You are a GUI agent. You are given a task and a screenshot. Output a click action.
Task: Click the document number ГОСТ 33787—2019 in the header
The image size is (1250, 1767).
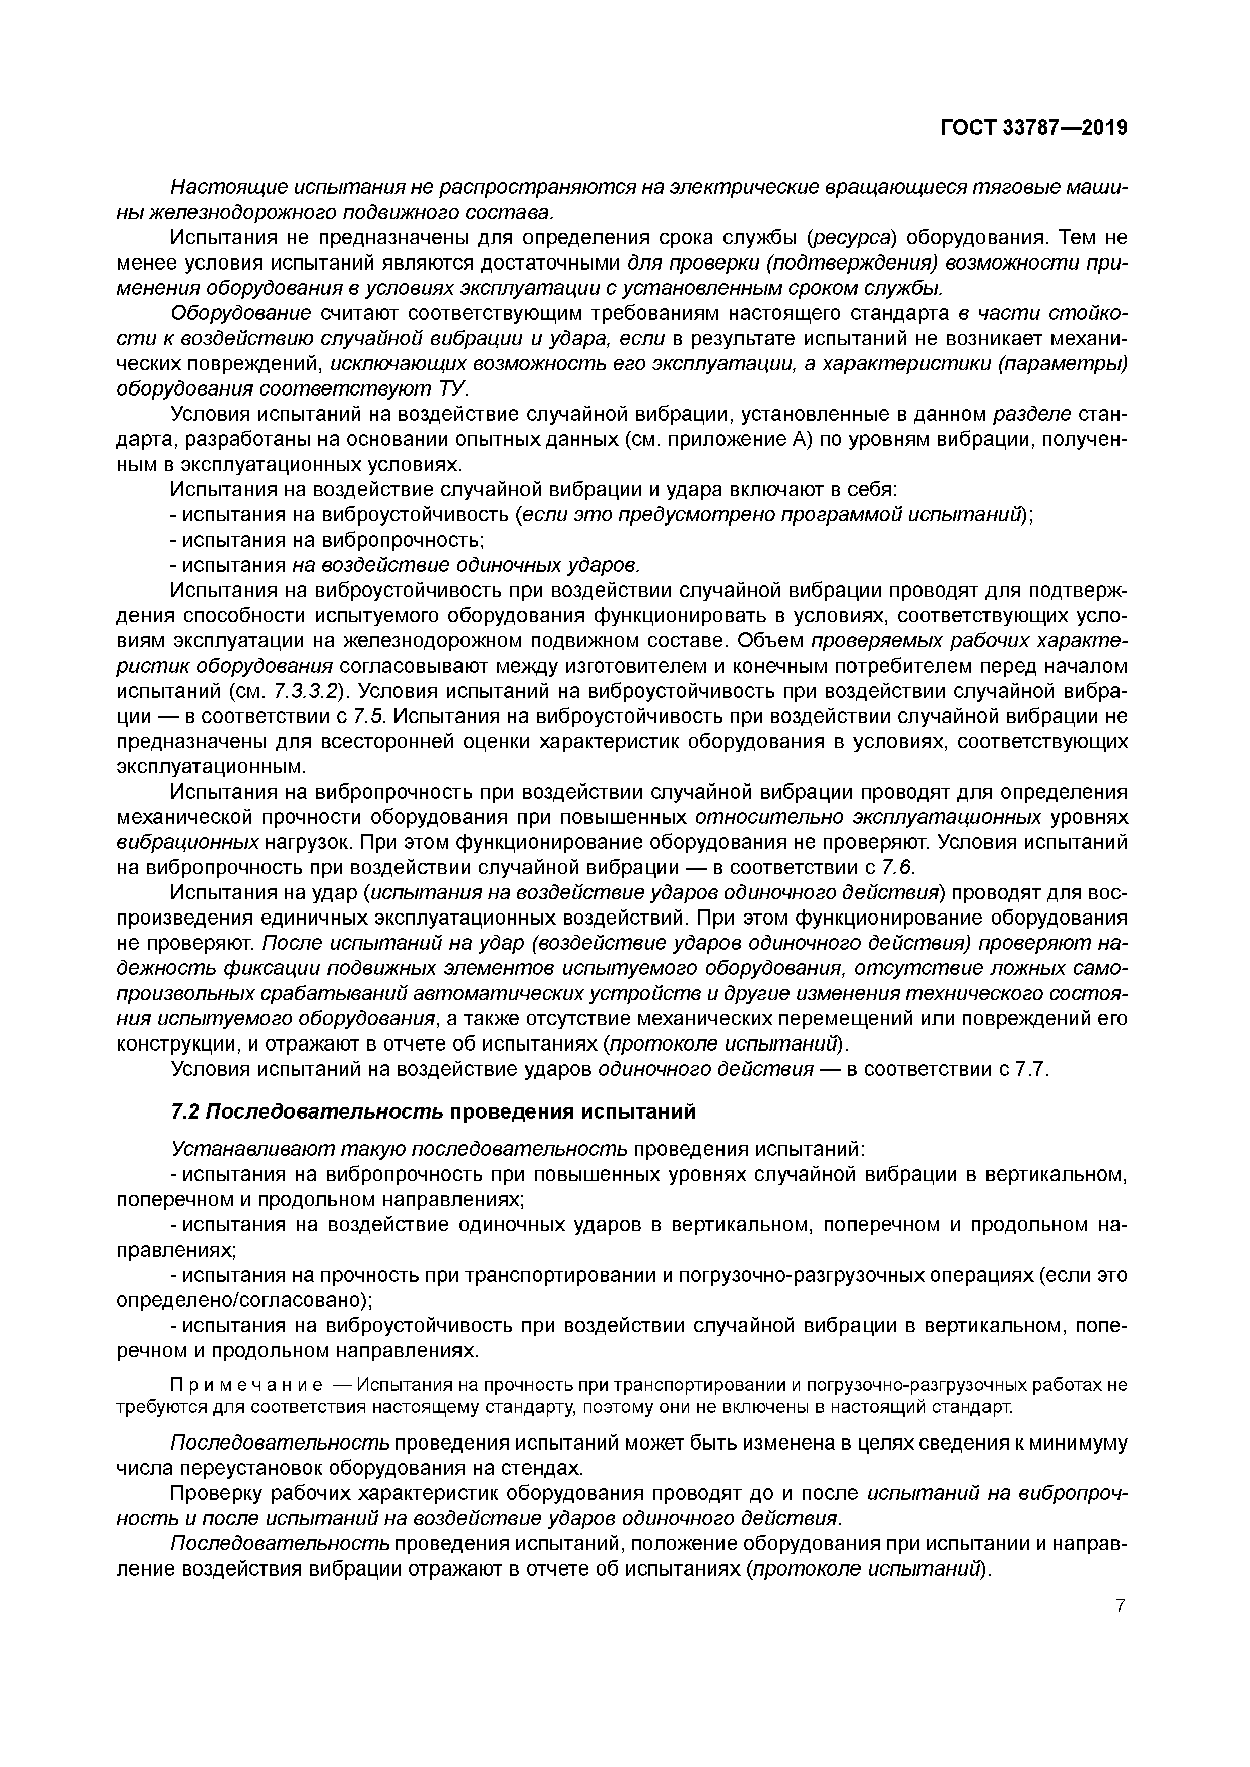pos(1034,128)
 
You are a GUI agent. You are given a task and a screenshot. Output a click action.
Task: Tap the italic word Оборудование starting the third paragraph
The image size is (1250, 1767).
pos(241,314)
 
